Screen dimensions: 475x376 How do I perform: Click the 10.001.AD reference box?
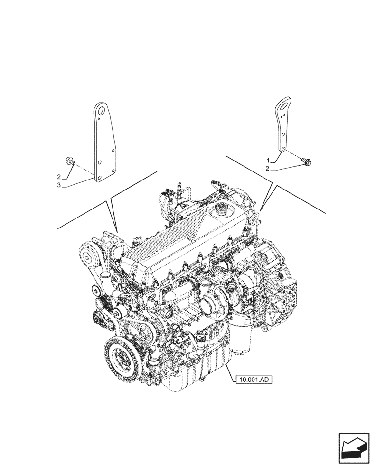point(254,379)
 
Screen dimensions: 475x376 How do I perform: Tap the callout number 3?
point(59,185)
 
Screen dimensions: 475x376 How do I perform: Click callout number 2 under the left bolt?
point(59,177)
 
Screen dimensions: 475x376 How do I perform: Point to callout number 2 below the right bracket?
point(268,169)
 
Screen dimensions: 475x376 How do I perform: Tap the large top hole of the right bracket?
point(284,106)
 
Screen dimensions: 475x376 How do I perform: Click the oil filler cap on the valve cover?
point(223,209)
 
